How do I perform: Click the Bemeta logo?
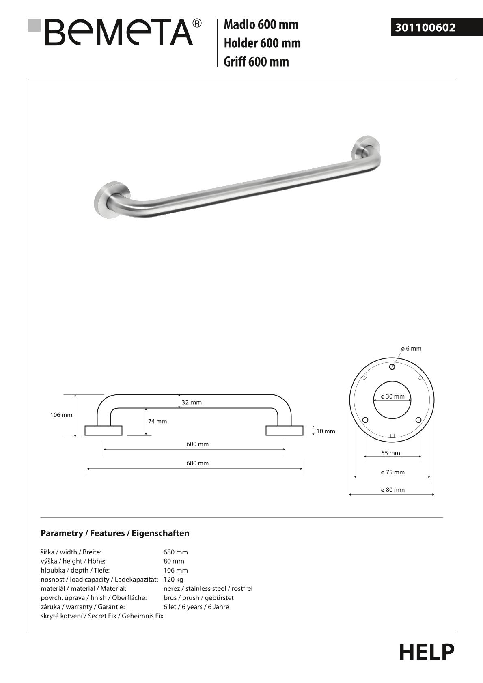(115, 32)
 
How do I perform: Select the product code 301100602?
(425, 28)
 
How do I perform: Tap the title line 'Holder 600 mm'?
(262, 43)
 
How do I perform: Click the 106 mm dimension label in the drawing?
(61, 415)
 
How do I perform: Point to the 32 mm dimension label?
(192, 402)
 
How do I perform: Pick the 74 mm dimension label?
(157, 421)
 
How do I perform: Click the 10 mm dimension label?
(326, 431)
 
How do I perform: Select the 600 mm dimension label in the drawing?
(198, 444)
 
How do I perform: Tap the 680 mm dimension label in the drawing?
(198, 463)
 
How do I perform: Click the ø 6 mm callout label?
(411, 348)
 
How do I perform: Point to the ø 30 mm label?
(392, 396)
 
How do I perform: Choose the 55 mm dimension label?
(390, 453)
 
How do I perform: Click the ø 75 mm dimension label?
(392, 472)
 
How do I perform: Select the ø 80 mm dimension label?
(392, 490)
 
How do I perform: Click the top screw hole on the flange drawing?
(392, 367)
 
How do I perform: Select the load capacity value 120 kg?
(173, 580)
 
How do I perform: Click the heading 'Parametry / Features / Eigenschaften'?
(115, 533)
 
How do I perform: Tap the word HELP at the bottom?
(427, 652)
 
